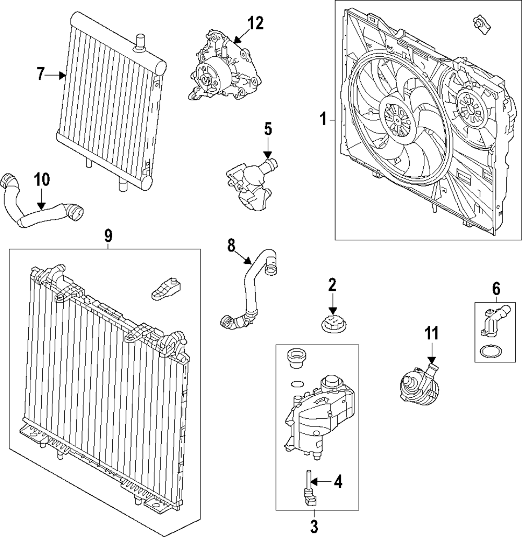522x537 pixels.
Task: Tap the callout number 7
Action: tap(42, 75)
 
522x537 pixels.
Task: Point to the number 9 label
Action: tap(108, 236)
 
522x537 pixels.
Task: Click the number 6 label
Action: tap(496, 287)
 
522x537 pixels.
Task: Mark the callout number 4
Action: tap(338, 482)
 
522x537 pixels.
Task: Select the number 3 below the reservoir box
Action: tap(314, 527)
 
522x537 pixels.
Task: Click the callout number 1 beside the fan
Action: tap(324, 120)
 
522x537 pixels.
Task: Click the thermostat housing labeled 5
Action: tap(250, 185)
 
